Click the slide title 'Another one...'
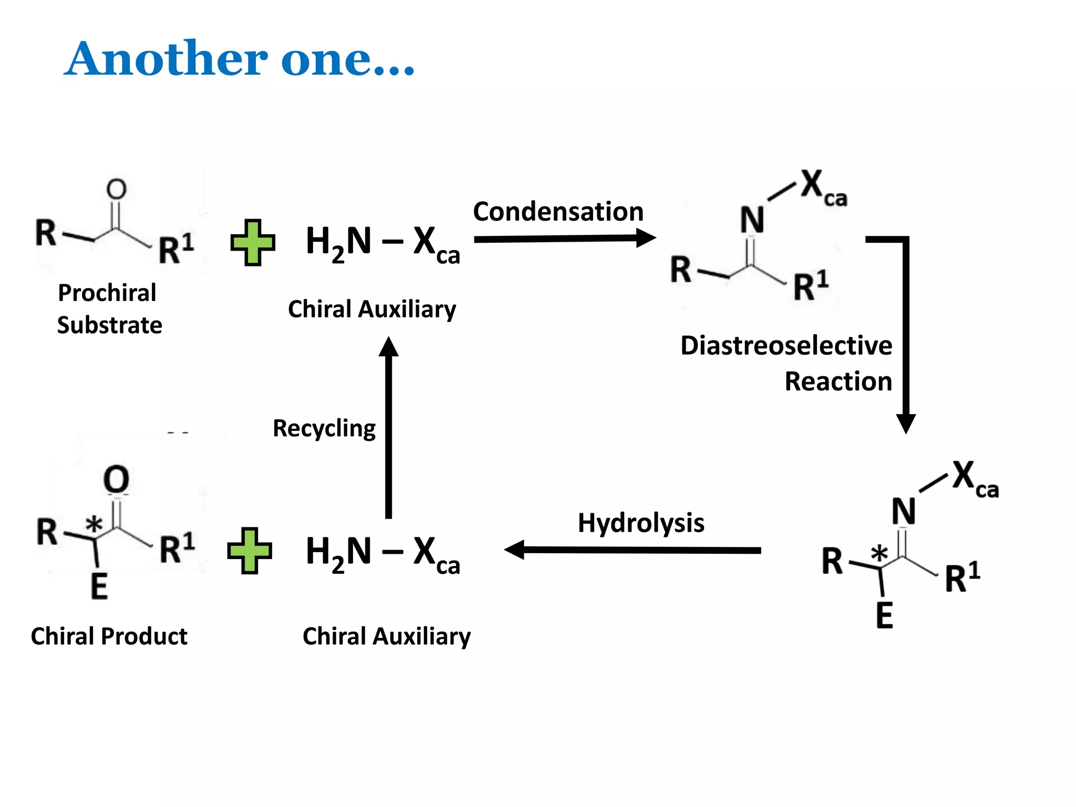pos(240,59)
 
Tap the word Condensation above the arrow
pos(558,212)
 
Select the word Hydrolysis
pos(640,523)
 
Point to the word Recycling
pos(324,429)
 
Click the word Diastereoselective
pos(786,346)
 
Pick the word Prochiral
pos(107,293)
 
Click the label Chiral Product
pos(109,636)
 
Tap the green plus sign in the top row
pos(253,243)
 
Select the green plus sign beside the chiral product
pos(250,551)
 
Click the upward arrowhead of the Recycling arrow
pos(389,347)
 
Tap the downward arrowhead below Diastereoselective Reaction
pos(906,423)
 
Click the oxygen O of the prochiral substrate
pos(117,189)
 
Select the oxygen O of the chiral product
pos(116,479)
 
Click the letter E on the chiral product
pos(99,586)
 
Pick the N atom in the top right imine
pos(752,220)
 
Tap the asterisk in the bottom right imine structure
pos(879,553)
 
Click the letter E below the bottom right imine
pos(884,615)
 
